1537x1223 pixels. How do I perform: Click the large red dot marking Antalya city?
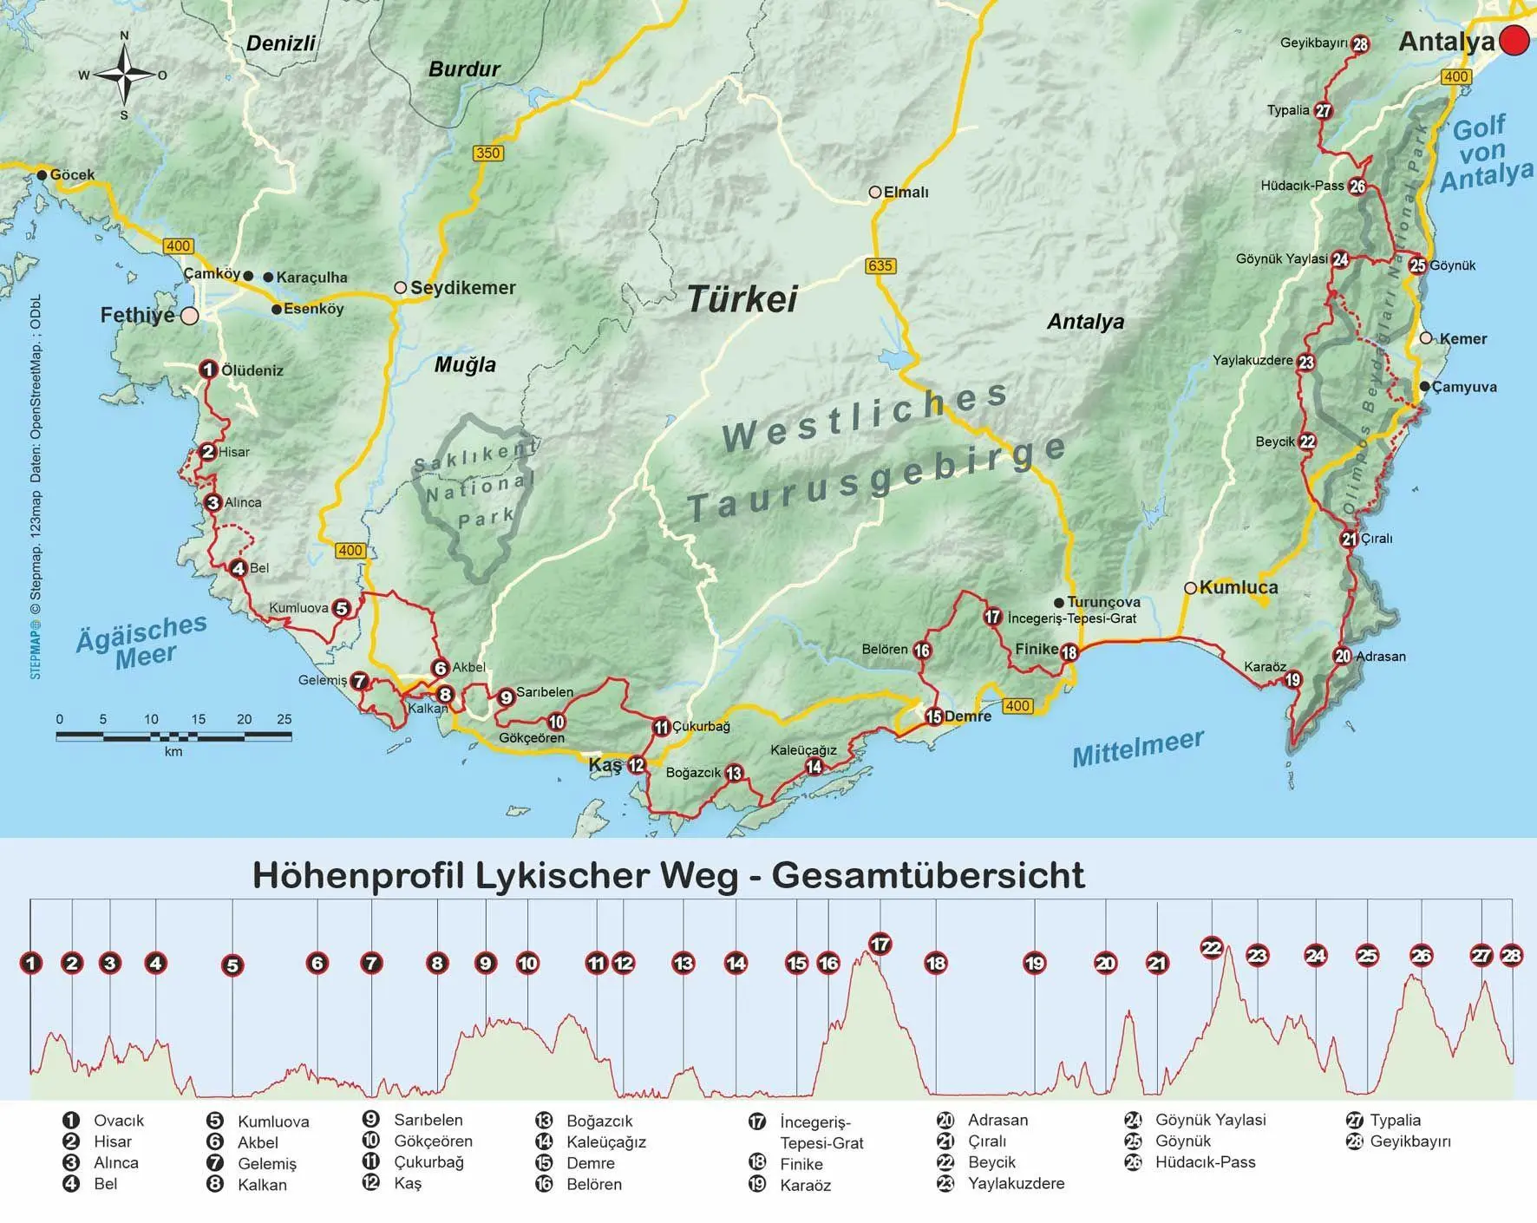coord(1515,41)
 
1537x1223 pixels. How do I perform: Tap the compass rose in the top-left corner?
coord(124,75)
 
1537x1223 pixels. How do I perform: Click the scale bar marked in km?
coord(173,736)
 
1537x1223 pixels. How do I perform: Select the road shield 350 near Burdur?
coord(488,154)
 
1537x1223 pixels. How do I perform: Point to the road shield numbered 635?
coord(880,265)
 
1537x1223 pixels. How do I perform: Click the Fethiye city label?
coord(138,315)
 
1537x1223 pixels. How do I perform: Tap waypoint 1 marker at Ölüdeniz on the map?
coord(207,370)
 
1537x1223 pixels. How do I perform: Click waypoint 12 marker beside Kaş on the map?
coord(637,765)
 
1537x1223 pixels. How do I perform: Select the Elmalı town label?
coord(906,193)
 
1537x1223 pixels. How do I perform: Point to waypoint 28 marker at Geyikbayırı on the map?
coord(1360,44)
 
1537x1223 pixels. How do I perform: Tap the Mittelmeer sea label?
coord(1138,748)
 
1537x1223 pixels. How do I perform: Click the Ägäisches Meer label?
coord(142,642)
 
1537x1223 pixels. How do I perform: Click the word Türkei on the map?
coord(742,299)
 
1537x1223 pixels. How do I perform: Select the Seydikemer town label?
coord(462,288)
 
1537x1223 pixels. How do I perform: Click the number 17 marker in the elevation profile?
coord(880,945)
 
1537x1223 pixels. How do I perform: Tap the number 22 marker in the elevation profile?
coord(1212,948)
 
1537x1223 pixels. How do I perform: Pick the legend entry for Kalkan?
coord(261,1185)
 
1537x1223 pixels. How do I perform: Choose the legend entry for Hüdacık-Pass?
coord(1204,1162)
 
